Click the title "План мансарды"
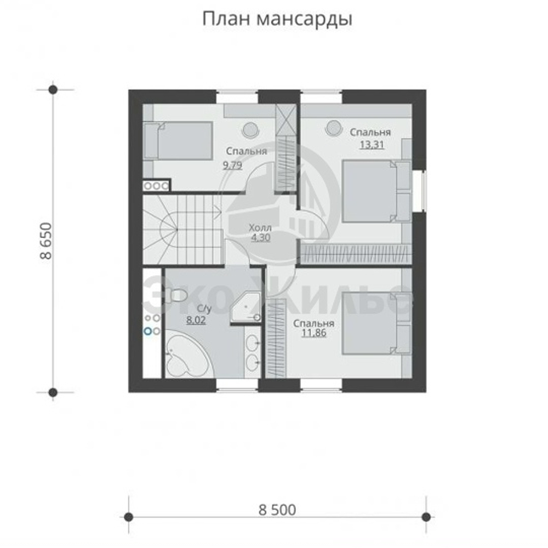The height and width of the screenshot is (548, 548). tap(277, 19)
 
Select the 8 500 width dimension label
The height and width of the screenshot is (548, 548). tap(277, 510)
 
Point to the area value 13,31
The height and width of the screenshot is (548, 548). tap(371, 144)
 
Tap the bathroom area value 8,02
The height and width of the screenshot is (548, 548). tap(196, 322)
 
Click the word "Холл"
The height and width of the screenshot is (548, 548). tap(259, 227)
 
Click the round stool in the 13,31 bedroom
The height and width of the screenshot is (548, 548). tap(333, 128)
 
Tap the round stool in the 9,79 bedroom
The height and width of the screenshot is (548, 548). tap(250, 129)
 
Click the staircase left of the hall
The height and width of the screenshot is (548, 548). tap(181, 230)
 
